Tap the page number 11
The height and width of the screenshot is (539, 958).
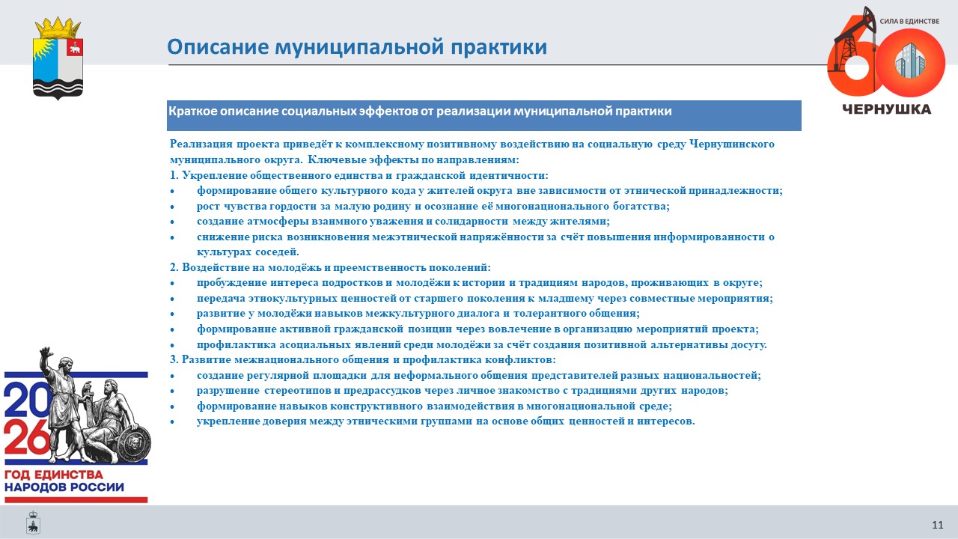click(x=938, y=525)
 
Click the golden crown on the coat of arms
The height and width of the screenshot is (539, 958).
click(x=58, y=28)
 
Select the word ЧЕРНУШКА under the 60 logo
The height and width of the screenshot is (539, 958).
click(x=887, y=109)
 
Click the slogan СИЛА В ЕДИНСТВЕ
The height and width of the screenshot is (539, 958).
click(x=909, y=21)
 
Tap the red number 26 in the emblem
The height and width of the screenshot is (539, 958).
click(x=27, y=437)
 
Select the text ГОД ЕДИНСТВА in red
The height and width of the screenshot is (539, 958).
click(x=54, y=475)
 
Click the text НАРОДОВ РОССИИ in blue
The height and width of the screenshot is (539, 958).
click(x=64, y=487)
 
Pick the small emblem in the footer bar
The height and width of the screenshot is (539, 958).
click(x=33, y=523)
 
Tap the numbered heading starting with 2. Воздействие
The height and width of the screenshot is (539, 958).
click(x=330, y=267)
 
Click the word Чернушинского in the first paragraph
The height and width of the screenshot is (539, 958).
click(x=732, y=144)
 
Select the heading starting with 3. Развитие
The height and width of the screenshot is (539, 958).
click(x=363, y=360)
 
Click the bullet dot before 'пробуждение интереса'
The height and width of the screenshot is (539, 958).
click(x=172, y=283)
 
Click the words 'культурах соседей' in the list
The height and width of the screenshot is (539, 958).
click(x=248, y=252)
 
